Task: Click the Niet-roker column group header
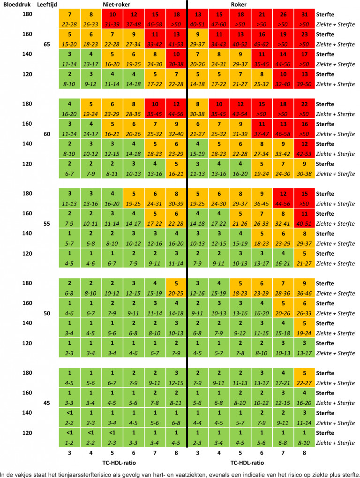(x=117, y=4)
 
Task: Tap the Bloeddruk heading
(x=15, y=4)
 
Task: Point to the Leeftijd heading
(x=46, y=4)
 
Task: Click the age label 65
(x=47, y=44)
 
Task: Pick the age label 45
(x=47, y=402)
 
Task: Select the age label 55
(x=47, y=224)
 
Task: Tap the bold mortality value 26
(x=283, y=15)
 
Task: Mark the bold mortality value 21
(x=262, y=15)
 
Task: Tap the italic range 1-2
(x=69, y=442)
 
